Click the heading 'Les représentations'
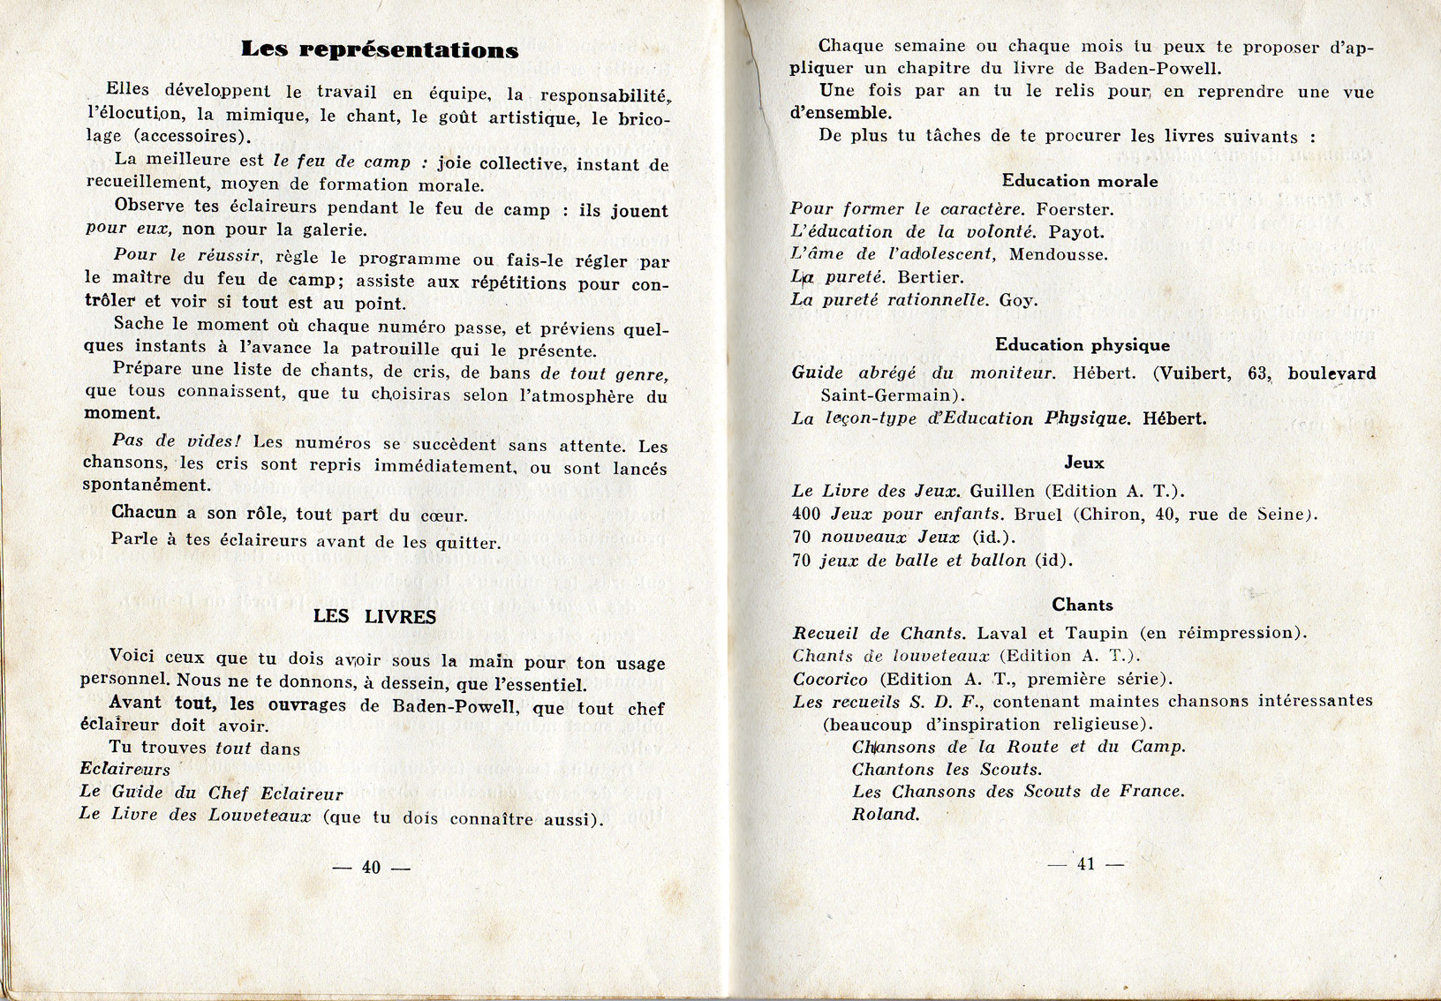tap(380, 49)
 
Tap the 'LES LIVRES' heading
tap(374, 616)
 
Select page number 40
tap(371, 867)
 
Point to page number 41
tap(1085, 864)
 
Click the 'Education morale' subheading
tap(1079, 181)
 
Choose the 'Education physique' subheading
tap(1082, 345)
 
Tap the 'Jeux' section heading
tap(1083, 463)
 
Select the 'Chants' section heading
tap(1082, 605)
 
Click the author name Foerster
tap(1075, 210)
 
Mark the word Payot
tap(1076, 232)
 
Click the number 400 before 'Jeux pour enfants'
tap(806, 514)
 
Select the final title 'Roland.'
tap(885, 815)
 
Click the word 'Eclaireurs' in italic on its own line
tap(124, 769)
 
